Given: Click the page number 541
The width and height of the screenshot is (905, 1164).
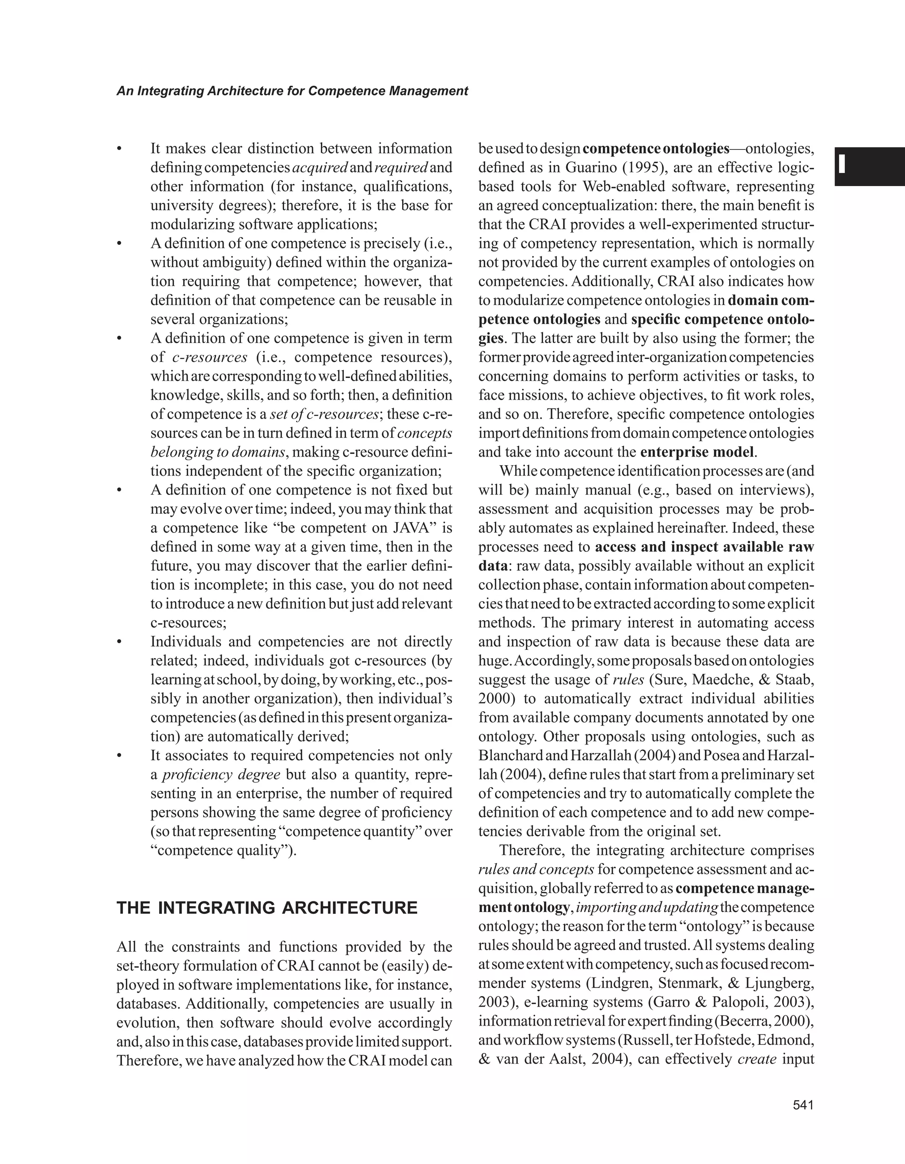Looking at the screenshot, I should [803, 1105].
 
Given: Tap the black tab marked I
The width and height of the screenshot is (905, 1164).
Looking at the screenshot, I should [869, 166].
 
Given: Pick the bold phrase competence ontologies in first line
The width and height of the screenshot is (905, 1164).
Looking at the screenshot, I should [656, 149].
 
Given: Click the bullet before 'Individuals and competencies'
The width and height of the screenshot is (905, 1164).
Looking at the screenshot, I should [120, 642].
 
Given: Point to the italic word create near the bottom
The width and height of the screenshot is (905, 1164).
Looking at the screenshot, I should [757, 1059].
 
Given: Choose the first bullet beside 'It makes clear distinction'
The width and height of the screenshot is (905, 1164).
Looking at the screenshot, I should [120, 149].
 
